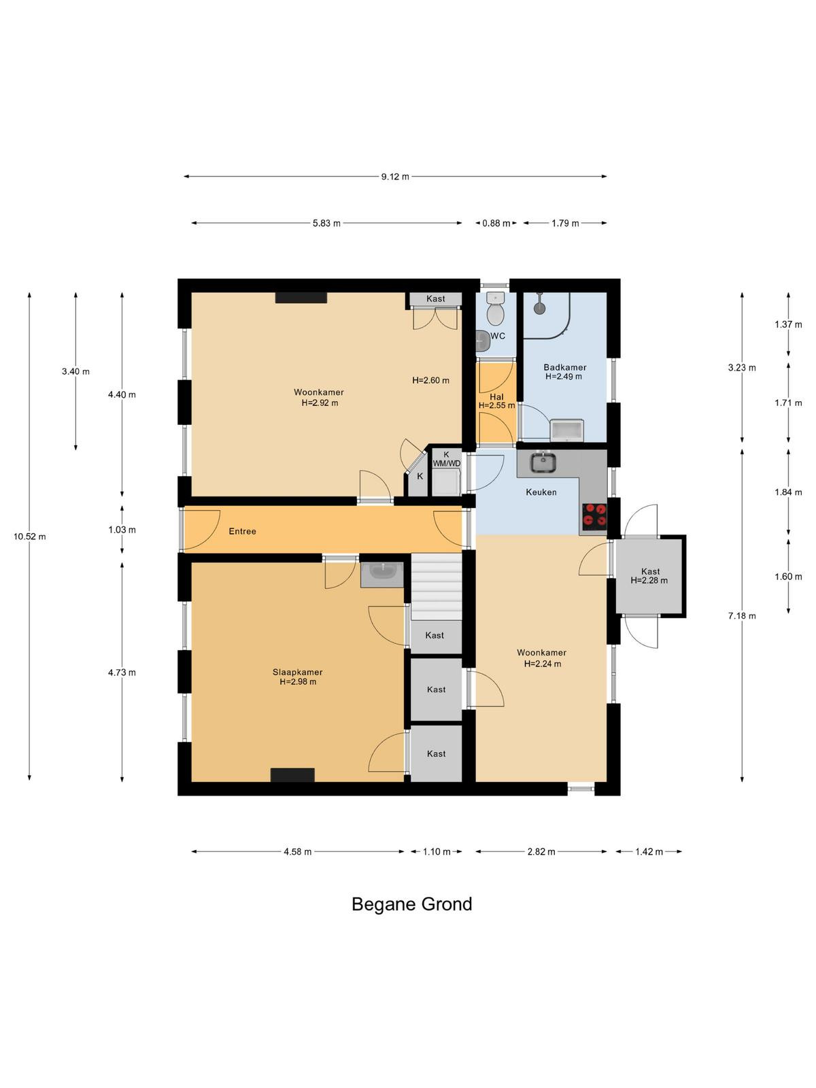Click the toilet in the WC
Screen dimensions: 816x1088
point(495,308)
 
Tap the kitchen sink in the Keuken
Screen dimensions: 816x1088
point(543,462)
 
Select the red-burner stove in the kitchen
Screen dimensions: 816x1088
point(594,517)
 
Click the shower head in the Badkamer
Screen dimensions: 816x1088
point(539,303)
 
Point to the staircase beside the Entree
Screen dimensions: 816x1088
point(436,586)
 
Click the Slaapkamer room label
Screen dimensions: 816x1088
point(297,672)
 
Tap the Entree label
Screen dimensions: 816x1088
point(242,531)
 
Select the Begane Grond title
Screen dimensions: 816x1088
point(411,904)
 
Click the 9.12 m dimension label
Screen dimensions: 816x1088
point(395,176)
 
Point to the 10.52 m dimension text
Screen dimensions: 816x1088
point(30,537)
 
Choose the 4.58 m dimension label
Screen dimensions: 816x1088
point(298,851)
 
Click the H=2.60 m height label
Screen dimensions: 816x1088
point(430,381)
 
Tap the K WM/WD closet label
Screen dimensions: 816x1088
point(446,459)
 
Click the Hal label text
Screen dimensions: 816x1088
point(496,397)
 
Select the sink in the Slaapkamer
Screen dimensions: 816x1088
point(382,575)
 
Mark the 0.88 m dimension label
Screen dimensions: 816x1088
point(496,224)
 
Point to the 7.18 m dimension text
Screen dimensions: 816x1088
point(742,616)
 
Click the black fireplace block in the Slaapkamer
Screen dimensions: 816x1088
point(292,775)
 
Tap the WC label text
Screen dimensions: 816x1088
point(498,336)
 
